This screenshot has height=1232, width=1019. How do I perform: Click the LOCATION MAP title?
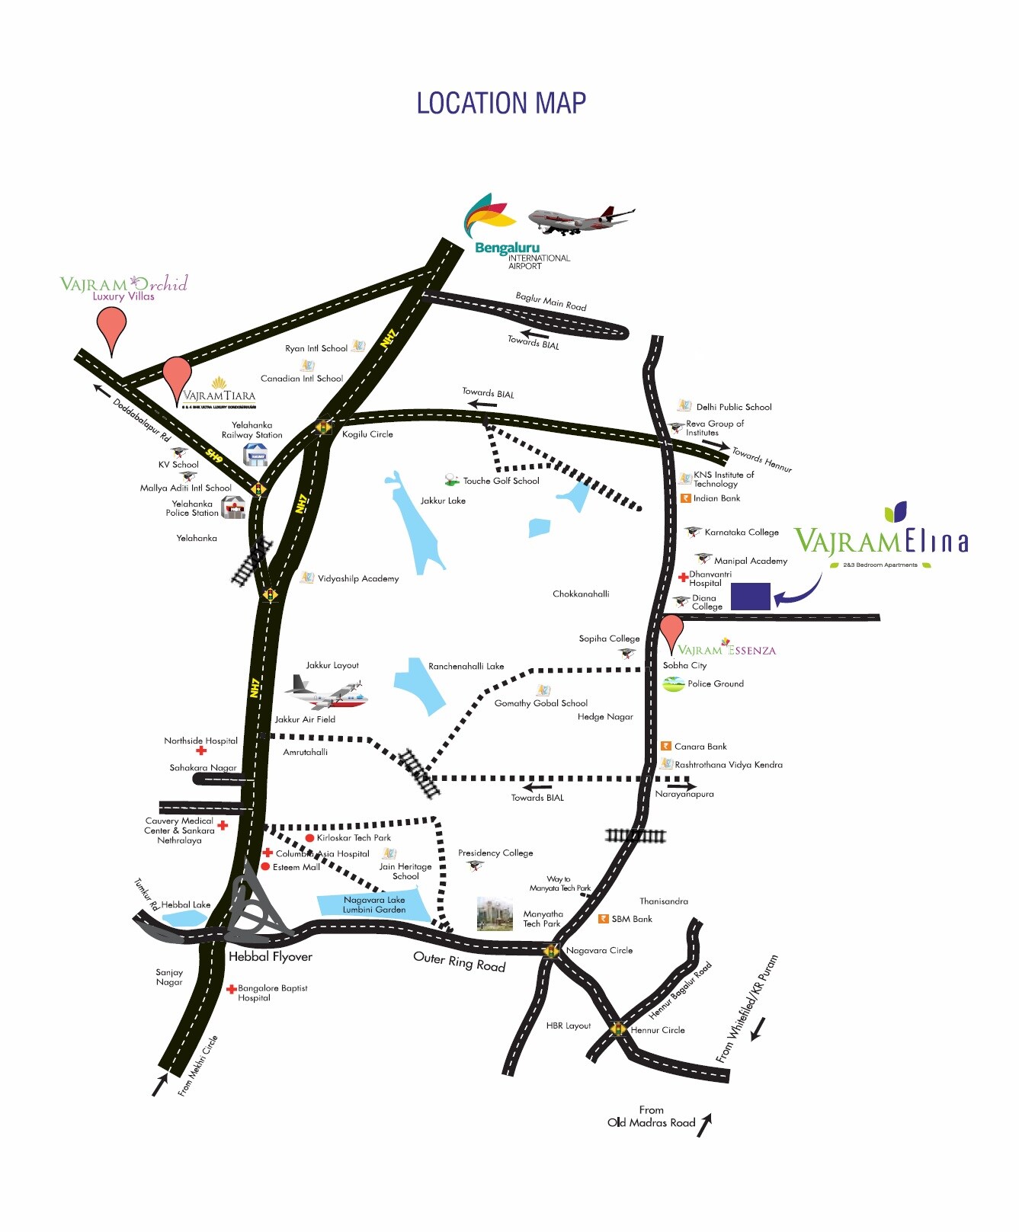click(x=501, y=104)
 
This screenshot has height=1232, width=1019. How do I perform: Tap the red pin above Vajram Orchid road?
click(x=112, y=328)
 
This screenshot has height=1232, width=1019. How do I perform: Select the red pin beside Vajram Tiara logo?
click(x=177, y=377)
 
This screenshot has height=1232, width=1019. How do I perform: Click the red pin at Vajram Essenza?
click(x=671, y=631)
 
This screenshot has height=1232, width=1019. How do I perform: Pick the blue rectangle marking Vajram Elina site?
click(x=750, y=596)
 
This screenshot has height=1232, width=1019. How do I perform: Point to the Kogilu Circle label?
click(x=367, y=434)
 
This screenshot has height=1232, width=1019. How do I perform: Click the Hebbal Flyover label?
click(x=271, y=957)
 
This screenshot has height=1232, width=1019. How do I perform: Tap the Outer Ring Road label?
click(x=460, y=962)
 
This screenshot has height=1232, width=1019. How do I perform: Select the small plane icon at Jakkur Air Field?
click(x=327, y=692)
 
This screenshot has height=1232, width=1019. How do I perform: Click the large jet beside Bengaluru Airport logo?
click(x=580, y=219)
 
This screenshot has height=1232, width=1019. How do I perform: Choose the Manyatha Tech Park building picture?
click(x=495, y=914)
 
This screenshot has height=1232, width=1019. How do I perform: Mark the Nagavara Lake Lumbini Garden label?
click(x=373, y=904)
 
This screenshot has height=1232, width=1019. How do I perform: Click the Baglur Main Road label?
click(x=551, y=301)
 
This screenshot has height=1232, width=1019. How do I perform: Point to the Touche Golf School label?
click(x=501, y=481)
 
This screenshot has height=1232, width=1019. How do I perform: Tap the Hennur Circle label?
click(x=658, y=1030)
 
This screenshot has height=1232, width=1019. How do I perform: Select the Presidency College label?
click(x=495, y=853)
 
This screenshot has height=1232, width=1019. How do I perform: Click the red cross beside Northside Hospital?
click(x=201, y=750)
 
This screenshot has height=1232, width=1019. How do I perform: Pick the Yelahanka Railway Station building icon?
click(x=255, y=455)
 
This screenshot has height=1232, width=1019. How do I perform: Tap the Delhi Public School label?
click(x=733, y=407)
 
